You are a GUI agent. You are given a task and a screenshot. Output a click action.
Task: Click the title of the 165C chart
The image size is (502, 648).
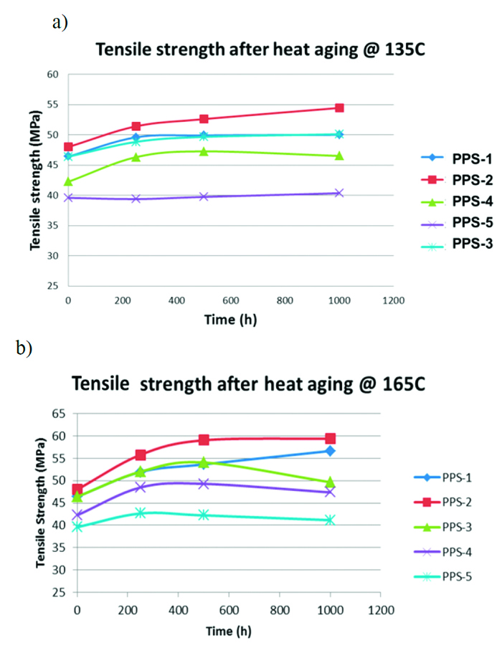point(249,385)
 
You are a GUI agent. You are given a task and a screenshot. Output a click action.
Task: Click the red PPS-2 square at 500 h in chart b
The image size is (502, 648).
point(204,439)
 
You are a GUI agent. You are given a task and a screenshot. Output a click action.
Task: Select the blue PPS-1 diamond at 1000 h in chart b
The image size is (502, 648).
point(330,451)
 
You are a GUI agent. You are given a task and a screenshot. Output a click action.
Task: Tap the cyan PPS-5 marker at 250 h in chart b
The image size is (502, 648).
point(141,513)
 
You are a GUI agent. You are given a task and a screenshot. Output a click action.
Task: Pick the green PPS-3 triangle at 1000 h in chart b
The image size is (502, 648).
point(330,482)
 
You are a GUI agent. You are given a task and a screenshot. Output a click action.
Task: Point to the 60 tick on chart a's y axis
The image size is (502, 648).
point(52,75)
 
